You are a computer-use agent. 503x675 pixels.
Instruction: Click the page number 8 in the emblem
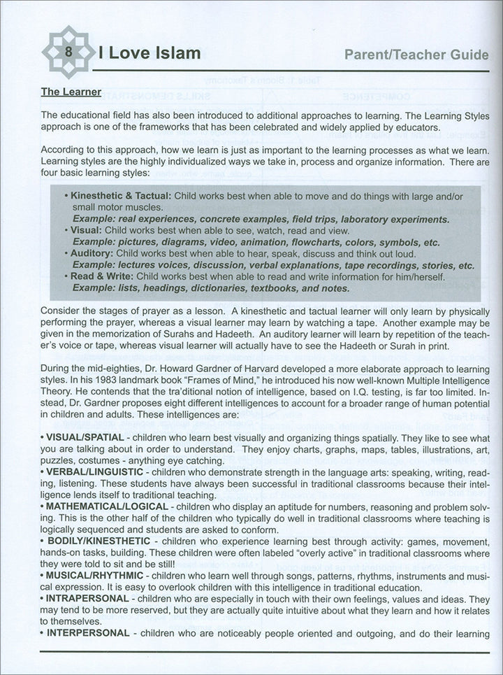pos(68,52)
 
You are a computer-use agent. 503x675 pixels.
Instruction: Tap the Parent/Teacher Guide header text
pos(417,55)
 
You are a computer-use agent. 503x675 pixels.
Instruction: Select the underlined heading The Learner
pos(71,92)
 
